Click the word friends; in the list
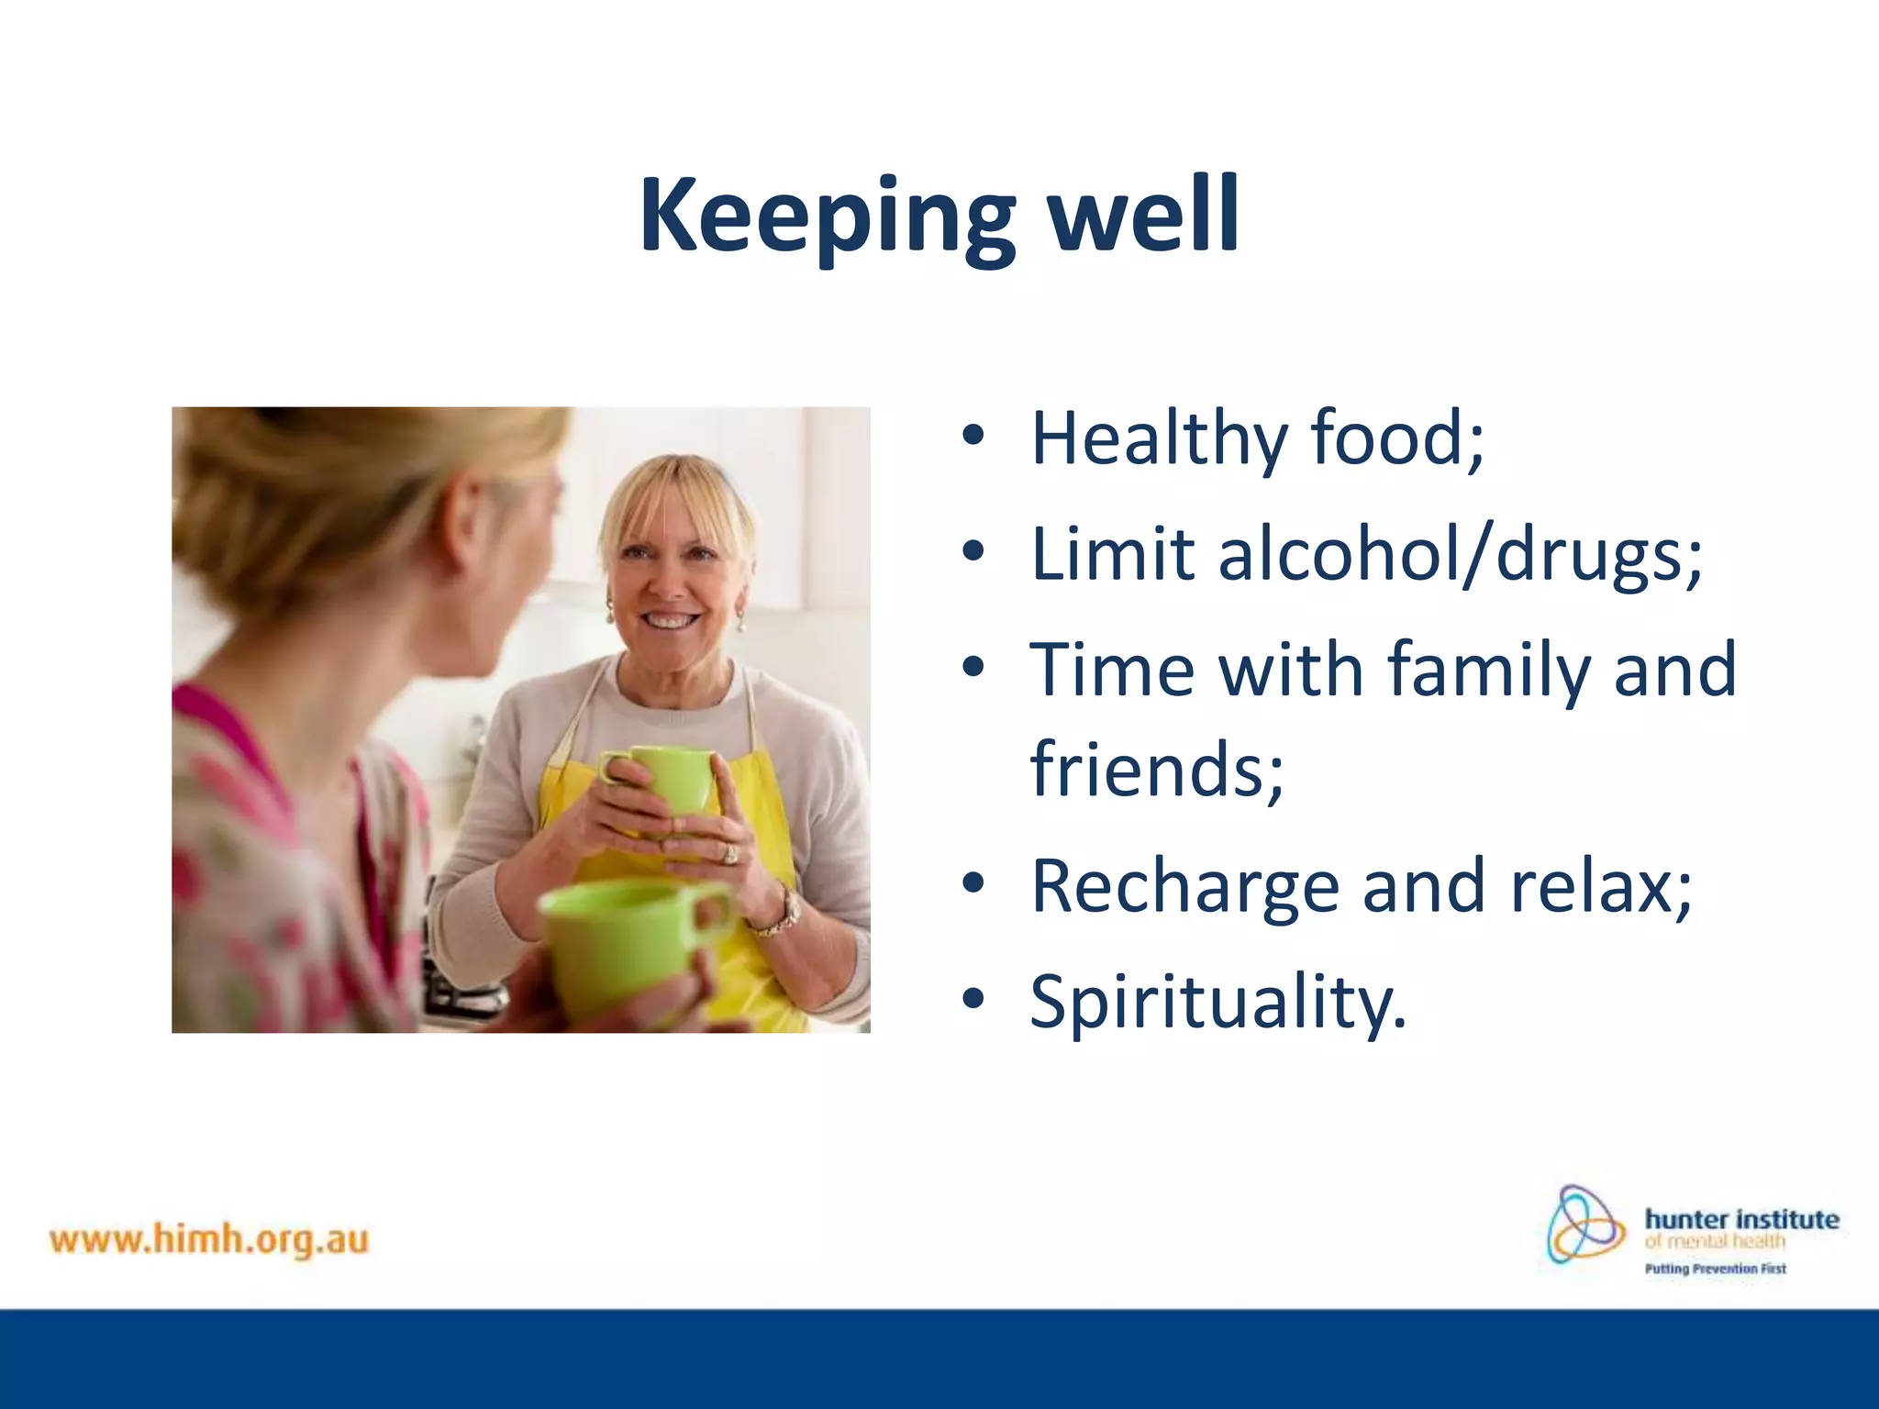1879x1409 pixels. (x=1157, y=769)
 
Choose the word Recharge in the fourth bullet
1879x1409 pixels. (x=1184, y=887)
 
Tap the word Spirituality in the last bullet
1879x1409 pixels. (x=1217, y=1002)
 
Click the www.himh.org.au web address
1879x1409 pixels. (x=209, y=1240)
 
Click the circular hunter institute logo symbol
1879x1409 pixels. (x=1584, y=1225)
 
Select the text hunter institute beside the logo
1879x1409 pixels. (x=1740, y=1219)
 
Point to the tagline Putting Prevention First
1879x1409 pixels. (x=1714, y=1269)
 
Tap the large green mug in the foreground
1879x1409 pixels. (x=624, y=945)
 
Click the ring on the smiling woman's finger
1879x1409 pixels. (x=730, y=854)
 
